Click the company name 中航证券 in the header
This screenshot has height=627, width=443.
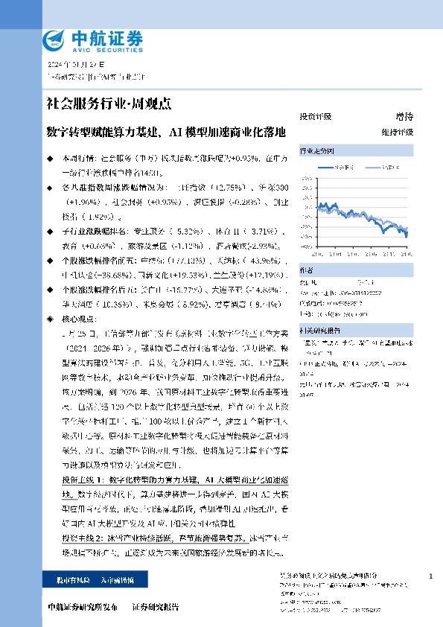click(102, 36)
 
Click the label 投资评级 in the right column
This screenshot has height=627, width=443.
click(315, 117)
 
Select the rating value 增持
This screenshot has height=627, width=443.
click(404, 117)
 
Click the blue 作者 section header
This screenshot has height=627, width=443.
click(306, 270)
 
